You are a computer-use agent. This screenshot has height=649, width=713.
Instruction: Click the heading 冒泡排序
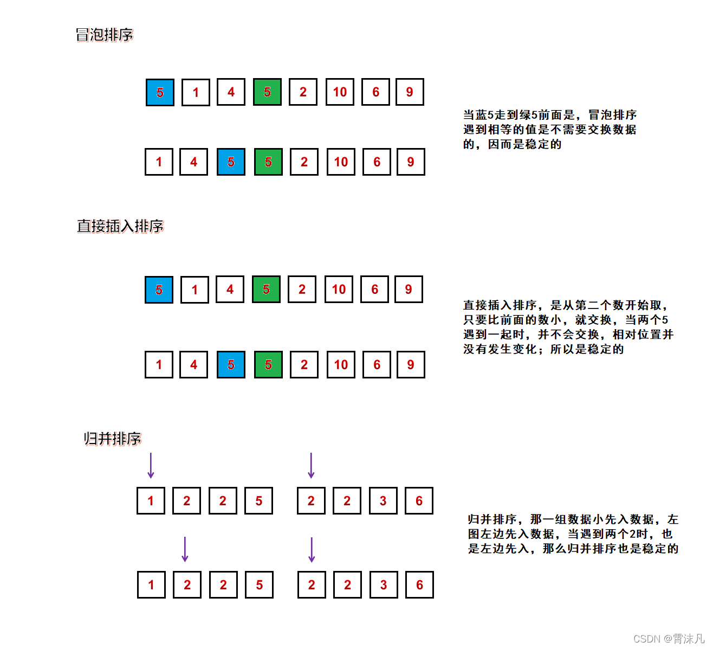(x=104, y=35)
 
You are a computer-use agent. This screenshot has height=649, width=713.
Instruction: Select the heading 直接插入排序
(x=120, y=226)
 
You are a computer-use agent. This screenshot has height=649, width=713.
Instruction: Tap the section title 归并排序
(x=112, y=438)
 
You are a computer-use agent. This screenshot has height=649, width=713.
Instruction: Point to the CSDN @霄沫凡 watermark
(x=669, y=638)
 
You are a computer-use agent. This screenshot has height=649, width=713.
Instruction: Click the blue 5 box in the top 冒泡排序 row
(x=160, y=93)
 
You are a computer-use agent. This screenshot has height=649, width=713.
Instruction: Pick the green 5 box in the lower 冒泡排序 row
(x=268, y=162)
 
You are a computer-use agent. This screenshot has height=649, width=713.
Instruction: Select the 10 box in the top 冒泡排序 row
(x=340, y=92)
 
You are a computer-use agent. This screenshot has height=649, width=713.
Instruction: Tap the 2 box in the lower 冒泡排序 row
(x=304, y=162)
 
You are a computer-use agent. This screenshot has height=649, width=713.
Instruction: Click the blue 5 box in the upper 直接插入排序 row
(x=159, y=290)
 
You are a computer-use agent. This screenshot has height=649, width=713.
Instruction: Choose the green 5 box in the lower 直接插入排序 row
(x=268, y=365)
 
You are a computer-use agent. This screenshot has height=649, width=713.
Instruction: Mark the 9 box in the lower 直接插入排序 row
(x=411, y=365)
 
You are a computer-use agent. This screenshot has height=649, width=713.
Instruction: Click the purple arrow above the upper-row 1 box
(x=151, y=465)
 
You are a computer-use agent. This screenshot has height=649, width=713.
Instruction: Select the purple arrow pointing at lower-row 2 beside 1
(x=185, y=549)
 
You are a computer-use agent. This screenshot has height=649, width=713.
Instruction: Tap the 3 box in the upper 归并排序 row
(x=383, y=500)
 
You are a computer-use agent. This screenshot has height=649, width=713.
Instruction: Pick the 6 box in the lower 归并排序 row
(x=419, y=584)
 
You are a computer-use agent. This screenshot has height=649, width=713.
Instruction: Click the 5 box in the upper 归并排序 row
(x=259, y=500)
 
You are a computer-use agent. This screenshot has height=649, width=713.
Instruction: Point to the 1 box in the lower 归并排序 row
(x=151, y=584)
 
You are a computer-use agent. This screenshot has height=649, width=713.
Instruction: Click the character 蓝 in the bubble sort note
(x=481, y=115)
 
